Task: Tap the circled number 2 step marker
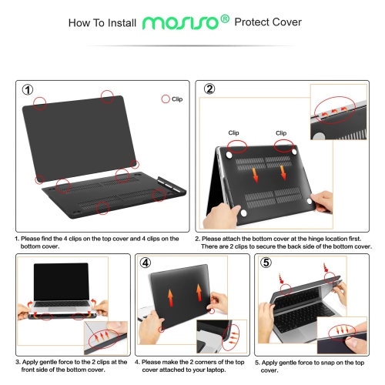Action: (209, 89)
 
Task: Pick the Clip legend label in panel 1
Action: (176, 99)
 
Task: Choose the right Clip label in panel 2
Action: (281, 132)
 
